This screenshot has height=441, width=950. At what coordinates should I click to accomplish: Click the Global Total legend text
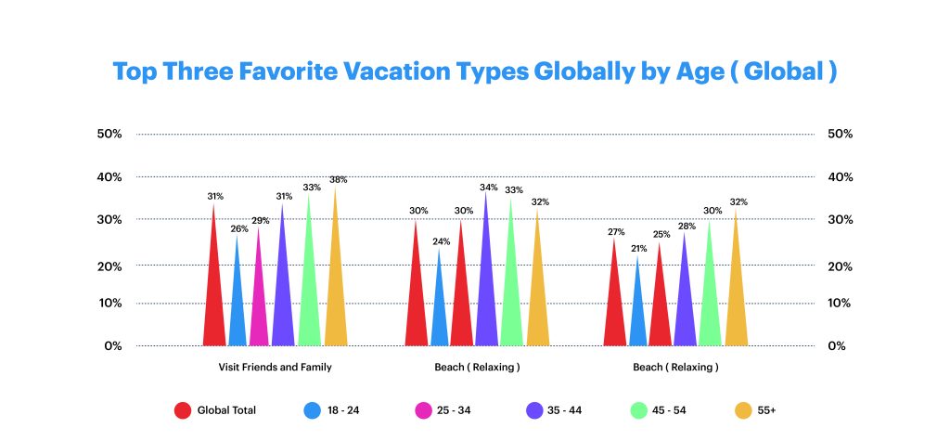(x=226, y=410)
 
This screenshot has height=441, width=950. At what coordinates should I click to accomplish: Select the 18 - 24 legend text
(x=343, y=410)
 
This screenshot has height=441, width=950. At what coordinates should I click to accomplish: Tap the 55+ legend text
(x=766, y=410)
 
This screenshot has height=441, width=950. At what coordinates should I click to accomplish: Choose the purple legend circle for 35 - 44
(x=534, y=410)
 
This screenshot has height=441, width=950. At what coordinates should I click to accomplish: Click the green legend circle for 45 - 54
(x=640, y=410)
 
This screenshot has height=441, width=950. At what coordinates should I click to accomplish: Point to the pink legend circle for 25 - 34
(x=423, y=410)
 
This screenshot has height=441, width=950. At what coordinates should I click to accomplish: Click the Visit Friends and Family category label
(x=275, y=367)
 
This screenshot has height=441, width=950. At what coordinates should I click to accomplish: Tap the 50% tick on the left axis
(x=109, y=134)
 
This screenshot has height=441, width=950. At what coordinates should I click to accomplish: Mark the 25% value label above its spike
(x=661, y=234)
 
